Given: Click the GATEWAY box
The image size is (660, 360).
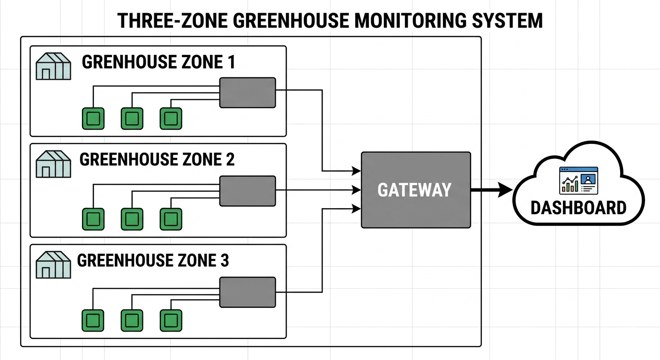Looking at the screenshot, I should click(415, 190).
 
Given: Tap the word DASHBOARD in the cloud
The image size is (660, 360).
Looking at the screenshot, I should click(578, 207).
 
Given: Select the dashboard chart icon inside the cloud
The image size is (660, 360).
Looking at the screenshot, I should click(578, 180).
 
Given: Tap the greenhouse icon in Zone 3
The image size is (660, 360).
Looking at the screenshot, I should click(53, 264).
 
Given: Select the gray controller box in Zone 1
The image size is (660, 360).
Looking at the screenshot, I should click(247, 93).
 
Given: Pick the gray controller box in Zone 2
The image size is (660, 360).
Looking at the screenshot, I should click(247, 191).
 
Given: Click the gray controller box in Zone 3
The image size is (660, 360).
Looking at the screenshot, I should click(247, 292).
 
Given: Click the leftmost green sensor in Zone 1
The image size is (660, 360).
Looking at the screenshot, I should click(93, 118).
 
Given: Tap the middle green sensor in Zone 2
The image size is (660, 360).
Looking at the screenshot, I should click(132, 219).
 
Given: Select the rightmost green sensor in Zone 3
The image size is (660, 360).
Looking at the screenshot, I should click(171, 320).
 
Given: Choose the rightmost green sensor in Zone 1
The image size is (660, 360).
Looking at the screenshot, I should click(171, 118).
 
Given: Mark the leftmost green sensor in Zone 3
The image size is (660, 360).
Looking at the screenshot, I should click(93, 320).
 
